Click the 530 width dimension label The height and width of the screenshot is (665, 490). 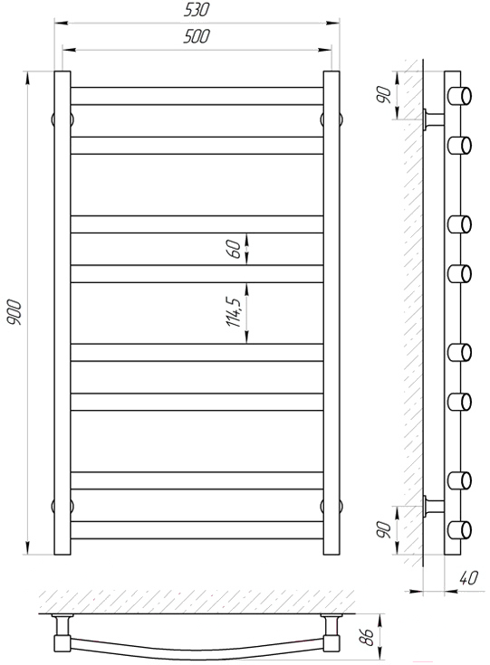[197, 10]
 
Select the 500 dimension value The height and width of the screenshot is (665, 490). [197, 36]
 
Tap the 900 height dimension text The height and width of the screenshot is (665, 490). [14, 312]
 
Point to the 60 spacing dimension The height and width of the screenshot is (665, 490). [235, 249]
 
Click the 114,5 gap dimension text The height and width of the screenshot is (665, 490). [234, 312]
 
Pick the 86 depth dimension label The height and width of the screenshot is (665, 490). [367, 636]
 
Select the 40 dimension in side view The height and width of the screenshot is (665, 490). [469, 577]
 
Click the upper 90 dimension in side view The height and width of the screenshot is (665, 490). [383, 95]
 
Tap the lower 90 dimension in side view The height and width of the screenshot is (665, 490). [383, 529]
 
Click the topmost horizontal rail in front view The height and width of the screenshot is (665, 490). [197, 96]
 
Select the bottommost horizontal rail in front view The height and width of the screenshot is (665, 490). [197, 530]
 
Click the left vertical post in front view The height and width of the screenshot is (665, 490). [62, 312]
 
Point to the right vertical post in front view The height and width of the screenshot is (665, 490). [331, 312]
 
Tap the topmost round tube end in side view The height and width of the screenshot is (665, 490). [460, 96]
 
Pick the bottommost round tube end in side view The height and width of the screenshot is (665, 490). [460, 530]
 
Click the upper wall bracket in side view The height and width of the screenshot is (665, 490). [434, 119]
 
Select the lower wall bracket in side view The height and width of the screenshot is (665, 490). [434, 506]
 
